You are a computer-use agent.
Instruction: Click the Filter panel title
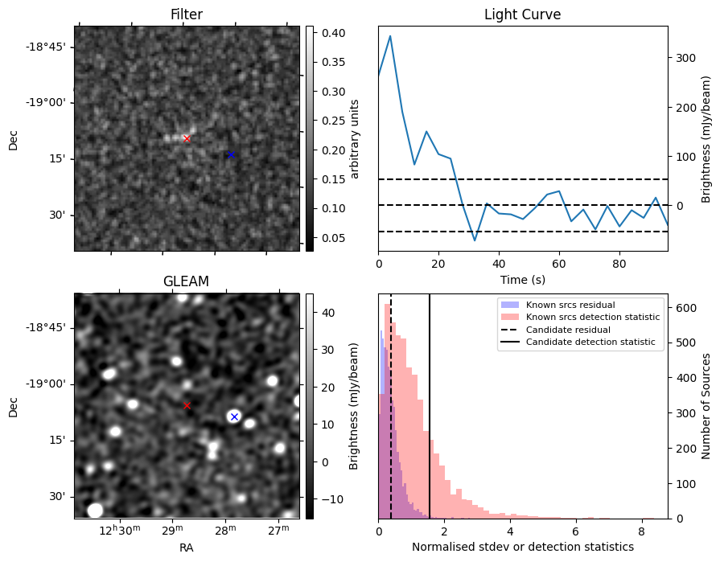(187, 14)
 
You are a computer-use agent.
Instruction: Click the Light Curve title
(522, 14)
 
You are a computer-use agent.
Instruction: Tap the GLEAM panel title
(187, 281)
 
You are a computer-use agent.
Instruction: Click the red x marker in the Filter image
(187, 139)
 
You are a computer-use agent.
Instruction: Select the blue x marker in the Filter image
(231, 154)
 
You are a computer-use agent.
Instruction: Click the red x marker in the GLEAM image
(187, 406)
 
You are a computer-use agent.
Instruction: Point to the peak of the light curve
(390, 35)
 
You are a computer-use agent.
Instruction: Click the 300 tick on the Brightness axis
(685, 58)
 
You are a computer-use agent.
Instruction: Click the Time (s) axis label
(522, 278)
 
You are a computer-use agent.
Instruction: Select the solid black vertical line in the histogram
(430, 402)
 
